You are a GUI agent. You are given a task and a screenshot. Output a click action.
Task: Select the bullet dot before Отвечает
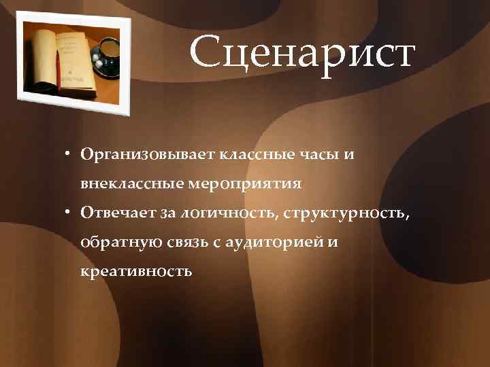click(70, 213)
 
